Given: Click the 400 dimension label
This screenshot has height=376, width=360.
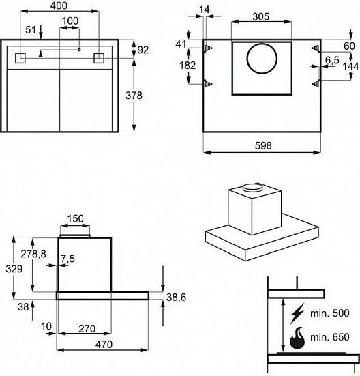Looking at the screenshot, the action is pos(59,5).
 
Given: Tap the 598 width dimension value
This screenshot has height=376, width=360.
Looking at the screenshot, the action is pos(263,145).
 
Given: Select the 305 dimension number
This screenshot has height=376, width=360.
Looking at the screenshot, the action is pos(261,16).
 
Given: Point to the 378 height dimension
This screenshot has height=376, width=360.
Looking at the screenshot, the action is pos(134,96).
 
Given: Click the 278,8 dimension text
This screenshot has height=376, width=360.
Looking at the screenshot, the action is pos(33,254).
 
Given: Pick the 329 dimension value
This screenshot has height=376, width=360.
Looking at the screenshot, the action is pos(14,269).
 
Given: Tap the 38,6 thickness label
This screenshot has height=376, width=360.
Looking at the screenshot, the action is pos(176,298).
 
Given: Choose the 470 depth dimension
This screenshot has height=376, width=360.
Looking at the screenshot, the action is pos(104,345).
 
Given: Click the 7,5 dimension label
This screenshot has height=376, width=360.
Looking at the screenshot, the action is pos(67,259).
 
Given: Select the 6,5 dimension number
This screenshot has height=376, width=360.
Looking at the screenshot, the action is pos(332,60).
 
